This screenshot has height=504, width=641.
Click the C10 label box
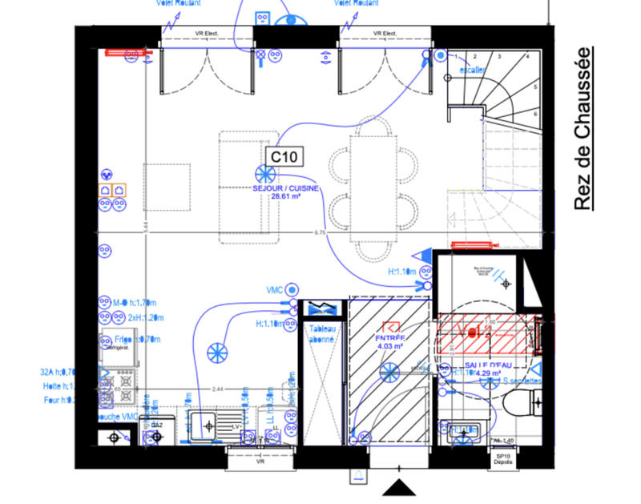[284, 156]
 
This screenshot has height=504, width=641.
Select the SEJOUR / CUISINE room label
[286, 188]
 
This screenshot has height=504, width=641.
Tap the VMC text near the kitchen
[276, 288]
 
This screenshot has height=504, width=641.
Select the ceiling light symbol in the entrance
[389, 371]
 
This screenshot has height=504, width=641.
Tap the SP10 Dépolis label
[503, 459]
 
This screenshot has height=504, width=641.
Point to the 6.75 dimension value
[320, 232]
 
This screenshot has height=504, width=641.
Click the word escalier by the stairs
[472, 70]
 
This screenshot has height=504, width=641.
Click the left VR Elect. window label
[208, 34]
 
